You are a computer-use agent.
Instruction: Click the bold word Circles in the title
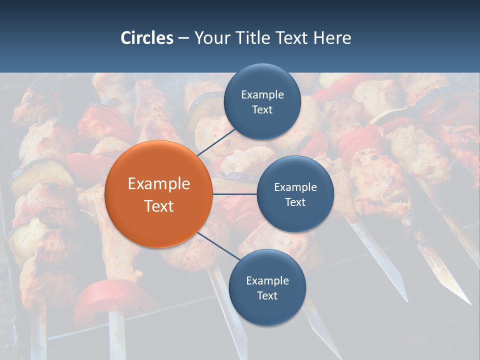pos(147,38)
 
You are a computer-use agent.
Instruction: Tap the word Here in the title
pos(332,38)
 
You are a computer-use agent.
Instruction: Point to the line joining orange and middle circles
pos(234,194)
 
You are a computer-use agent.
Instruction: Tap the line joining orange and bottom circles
pos(218,246)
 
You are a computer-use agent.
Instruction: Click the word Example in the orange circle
pos(159,184)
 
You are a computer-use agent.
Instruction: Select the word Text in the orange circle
pos(159,206)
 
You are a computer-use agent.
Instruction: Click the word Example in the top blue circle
pos(262,94)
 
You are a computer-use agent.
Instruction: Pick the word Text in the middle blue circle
pos(295,202)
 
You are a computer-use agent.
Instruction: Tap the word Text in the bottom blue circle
pos(267,295)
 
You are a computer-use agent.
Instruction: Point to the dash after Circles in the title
pos(183,38)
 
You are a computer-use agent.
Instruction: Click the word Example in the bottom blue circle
pos(267,280)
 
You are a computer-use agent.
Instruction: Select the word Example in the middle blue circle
pos(295,187)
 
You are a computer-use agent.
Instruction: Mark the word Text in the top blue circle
pos(262,109)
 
